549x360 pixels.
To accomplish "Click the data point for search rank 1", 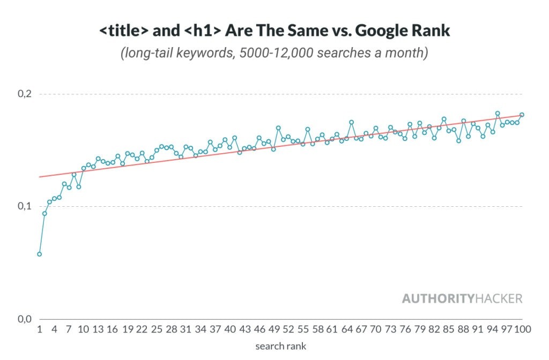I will click(39, 254).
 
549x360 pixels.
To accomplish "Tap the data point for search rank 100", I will click(522, 114).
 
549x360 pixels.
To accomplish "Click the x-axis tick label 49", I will click(273, 330).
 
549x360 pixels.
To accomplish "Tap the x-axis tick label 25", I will click(157, 330).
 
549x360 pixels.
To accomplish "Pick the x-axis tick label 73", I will click(390, 330).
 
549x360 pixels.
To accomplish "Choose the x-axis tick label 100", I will click(523, 330).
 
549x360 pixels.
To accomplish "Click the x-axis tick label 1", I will click(39, 330).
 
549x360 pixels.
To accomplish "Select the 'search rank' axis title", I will click(280, 346).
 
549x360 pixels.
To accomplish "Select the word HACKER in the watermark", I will click(499, 299).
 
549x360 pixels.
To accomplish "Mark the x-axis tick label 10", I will click(84, 330).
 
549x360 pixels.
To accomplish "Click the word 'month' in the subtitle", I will click(406, 54).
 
